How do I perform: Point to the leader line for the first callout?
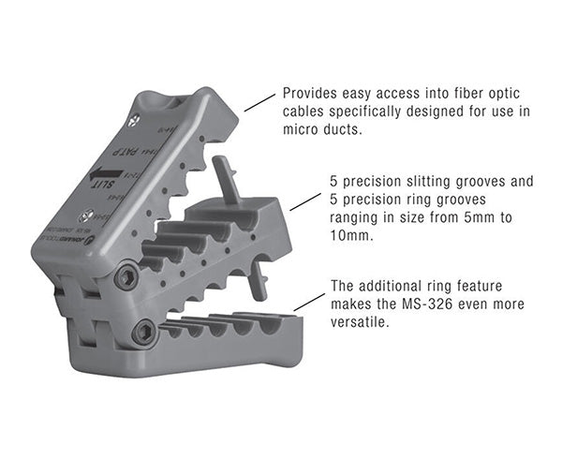[259, 102]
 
